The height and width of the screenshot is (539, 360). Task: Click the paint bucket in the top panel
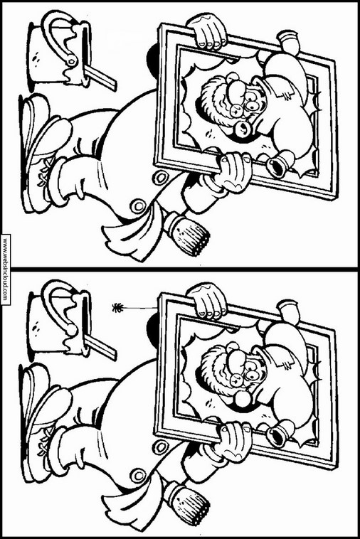point(58,52)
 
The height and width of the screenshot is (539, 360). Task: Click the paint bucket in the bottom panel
point(58,321)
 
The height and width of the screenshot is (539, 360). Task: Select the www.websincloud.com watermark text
point(5,269)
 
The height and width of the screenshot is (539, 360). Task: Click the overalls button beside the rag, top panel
point(138,206)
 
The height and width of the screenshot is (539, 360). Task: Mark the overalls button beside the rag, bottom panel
point(138,476)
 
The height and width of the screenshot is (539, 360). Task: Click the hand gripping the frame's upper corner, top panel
point(207,31)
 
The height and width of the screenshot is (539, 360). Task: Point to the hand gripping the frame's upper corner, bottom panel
point(207,300)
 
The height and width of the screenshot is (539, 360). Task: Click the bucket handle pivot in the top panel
point(72,62)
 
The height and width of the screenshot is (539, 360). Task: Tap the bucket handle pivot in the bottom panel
point(72,331)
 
